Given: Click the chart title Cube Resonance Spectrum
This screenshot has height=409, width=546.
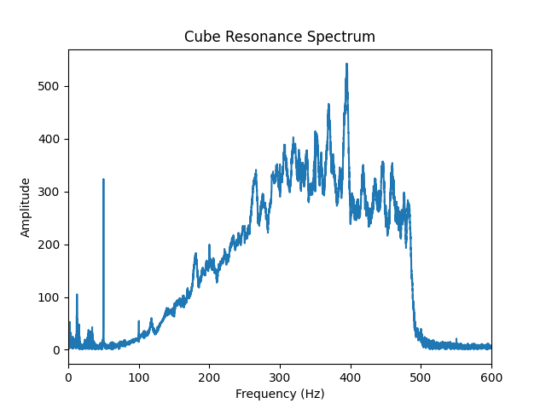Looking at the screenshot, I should (280, 37).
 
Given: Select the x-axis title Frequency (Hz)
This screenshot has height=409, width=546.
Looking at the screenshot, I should (280, 394).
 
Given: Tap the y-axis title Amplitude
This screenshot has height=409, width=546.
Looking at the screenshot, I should (26, 207).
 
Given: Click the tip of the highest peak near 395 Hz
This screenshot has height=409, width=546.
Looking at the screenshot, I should (346, 64).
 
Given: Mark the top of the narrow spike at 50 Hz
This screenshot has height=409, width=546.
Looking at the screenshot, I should (103, 180).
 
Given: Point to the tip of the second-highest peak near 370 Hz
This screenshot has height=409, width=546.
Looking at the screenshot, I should (328, 105).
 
